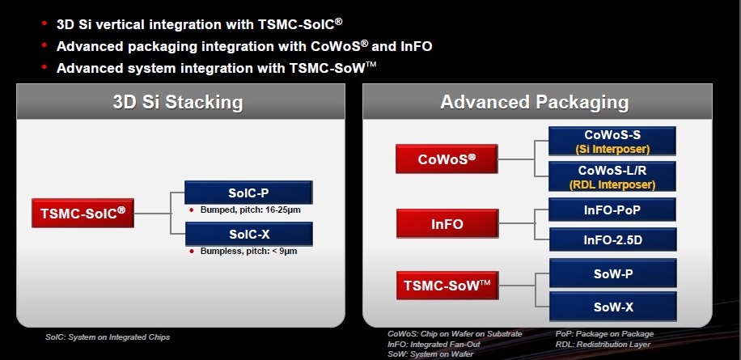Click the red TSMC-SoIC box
tap(83, 214)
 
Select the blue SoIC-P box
tap(248, 193)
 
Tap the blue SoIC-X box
tap(248, 235)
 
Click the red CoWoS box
tap(446, 159)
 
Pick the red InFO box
tap(446, 224)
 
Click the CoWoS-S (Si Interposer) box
tap(612, 141)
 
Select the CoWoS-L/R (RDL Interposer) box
tap(612, 176)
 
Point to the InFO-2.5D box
tap(612, 239)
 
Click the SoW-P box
tap(612, 273)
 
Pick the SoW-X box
tap(612, 307)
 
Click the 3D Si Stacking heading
tap(178, 103)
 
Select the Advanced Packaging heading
tap(534, 103)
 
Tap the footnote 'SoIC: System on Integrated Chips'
tap(107, 337)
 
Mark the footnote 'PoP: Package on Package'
tap(604, 334)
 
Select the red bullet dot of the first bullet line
tap(43, 25)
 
